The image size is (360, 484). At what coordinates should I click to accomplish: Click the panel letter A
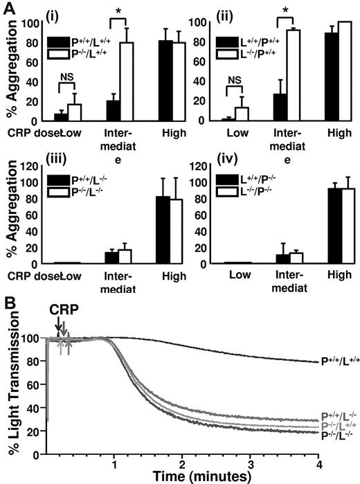[x=9, y=8]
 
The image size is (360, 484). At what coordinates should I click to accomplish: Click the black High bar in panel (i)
[x=166, y=81]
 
